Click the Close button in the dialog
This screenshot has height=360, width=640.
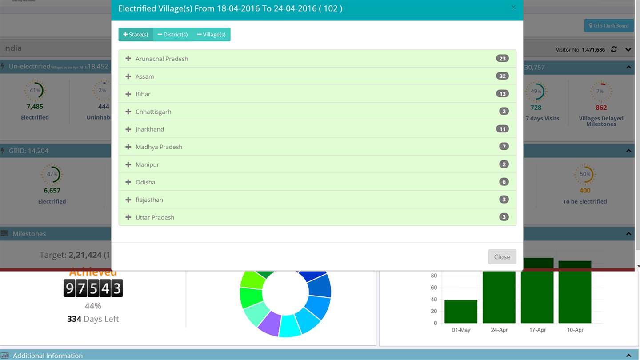[502, 257]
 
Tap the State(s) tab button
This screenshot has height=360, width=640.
[136, 35]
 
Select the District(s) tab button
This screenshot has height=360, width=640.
[172, 35]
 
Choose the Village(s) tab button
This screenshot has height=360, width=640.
[211, 35]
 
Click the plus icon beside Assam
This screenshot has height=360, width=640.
[128, 76]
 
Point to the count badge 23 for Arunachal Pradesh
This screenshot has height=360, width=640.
[502, 59]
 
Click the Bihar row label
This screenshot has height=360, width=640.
[143, 94]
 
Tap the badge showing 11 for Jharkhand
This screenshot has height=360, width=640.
[502, 129]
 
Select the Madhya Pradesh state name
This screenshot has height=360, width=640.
[159, 147]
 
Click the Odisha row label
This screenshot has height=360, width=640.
[145, 182]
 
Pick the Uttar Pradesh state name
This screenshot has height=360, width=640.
[155, 217]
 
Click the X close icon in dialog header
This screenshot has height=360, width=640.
[513, 8]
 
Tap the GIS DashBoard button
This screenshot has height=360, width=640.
[608, 26]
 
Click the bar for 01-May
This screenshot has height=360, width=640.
[461, 312]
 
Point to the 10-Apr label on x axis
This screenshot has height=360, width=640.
[575, 330]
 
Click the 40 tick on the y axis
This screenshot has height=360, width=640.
[434, 300]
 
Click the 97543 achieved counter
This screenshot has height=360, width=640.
[93, 288]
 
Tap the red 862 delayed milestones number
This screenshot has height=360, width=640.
[601, 108]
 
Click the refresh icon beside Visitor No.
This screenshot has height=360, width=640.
[614, 49]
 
